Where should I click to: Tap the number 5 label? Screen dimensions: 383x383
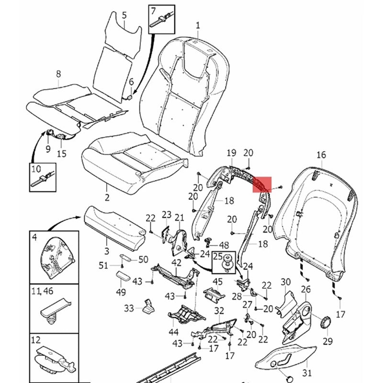point(124,15)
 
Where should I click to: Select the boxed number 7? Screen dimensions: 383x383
point(154,10)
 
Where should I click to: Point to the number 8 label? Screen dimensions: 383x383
point(58,74)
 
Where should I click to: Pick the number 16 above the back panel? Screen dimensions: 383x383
point(321,155)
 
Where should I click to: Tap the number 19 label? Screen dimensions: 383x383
point(232,153)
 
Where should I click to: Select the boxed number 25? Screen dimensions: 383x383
point(217,257)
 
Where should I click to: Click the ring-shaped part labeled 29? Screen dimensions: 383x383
point(326,321)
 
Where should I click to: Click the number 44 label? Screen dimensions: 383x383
point(173,331)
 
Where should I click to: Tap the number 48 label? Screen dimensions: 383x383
point(224,245)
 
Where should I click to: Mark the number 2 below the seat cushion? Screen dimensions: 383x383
point(107,197)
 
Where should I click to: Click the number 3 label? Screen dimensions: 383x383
point(106,250)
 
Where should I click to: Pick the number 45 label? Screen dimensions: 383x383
point(217,281)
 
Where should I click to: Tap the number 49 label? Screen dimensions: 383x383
point(121,292)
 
